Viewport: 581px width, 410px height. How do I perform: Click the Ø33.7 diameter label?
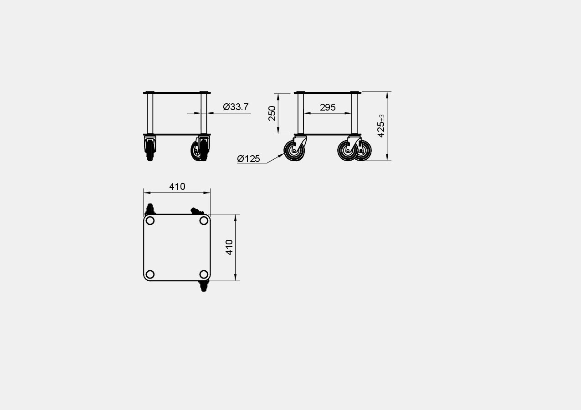tap(236, 106)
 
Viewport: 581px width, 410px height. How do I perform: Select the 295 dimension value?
tap(328, 107)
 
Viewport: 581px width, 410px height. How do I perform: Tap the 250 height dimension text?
tap(272, 113)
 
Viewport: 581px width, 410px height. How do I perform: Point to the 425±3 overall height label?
tap(381, 126)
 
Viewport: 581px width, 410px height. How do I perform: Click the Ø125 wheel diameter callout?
tap(248, 158)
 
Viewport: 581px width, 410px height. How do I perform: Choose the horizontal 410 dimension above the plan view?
tap(177, 187)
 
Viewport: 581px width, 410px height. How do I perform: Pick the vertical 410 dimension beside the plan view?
tap(229, 248)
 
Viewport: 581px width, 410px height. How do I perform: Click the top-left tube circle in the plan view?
tap(150, 221)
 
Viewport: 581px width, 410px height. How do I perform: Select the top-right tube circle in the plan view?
tap(204, 221)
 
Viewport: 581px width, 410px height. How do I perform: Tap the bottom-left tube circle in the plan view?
tap(150, 274)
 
